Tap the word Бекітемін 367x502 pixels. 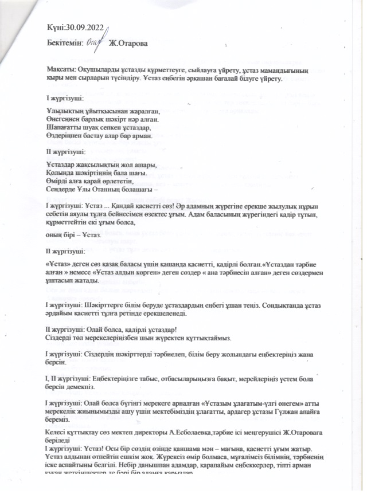click(65, 42)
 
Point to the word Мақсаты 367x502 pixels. click(60, 69)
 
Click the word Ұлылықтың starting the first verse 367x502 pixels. click(65, 110)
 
